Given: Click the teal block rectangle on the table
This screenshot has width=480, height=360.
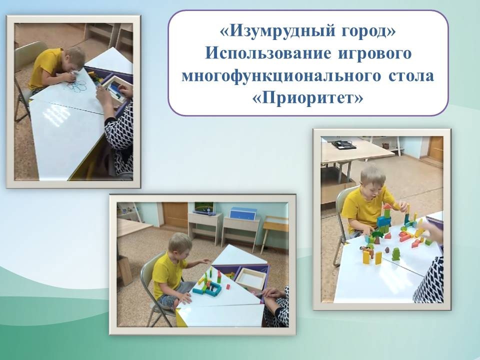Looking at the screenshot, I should coord(212,286).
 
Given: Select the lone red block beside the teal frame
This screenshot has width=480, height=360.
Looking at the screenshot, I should coord(228,287).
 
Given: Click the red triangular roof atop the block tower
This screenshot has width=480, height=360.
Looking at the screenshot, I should coord(387,206).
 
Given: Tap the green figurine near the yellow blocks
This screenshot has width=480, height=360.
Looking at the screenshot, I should coord(396,254).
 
